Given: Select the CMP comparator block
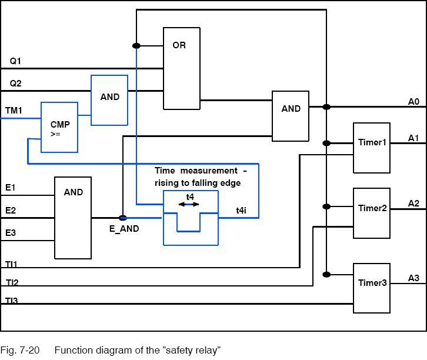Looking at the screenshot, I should tap(59, 127).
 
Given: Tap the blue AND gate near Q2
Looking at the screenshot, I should tap(109, 100).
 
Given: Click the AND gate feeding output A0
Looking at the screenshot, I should tap(291, 116).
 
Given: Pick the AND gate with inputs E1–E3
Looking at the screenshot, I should tap(73, 218).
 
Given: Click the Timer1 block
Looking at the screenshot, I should tap(372, 148).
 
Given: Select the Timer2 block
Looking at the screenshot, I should tap(372, 213).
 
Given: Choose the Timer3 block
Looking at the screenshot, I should tap(372, 288).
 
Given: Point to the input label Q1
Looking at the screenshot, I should tap(15, 61).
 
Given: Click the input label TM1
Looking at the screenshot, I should tap(14, 110).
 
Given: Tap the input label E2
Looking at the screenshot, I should tap(11, 210).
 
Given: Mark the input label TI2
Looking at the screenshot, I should tap(12, 282).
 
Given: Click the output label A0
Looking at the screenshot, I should tap(413, 102).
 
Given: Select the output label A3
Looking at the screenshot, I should tap(413, 278).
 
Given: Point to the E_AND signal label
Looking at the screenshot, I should tap(124, 229).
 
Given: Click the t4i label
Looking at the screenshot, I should tap(241, 210).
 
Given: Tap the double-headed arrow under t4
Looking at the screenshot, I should tap(189, 205).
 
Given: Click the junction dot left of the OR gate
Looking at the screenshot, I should tap(136, 45).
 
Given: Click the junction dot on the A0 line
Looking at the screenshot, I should tap(326, 107).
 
